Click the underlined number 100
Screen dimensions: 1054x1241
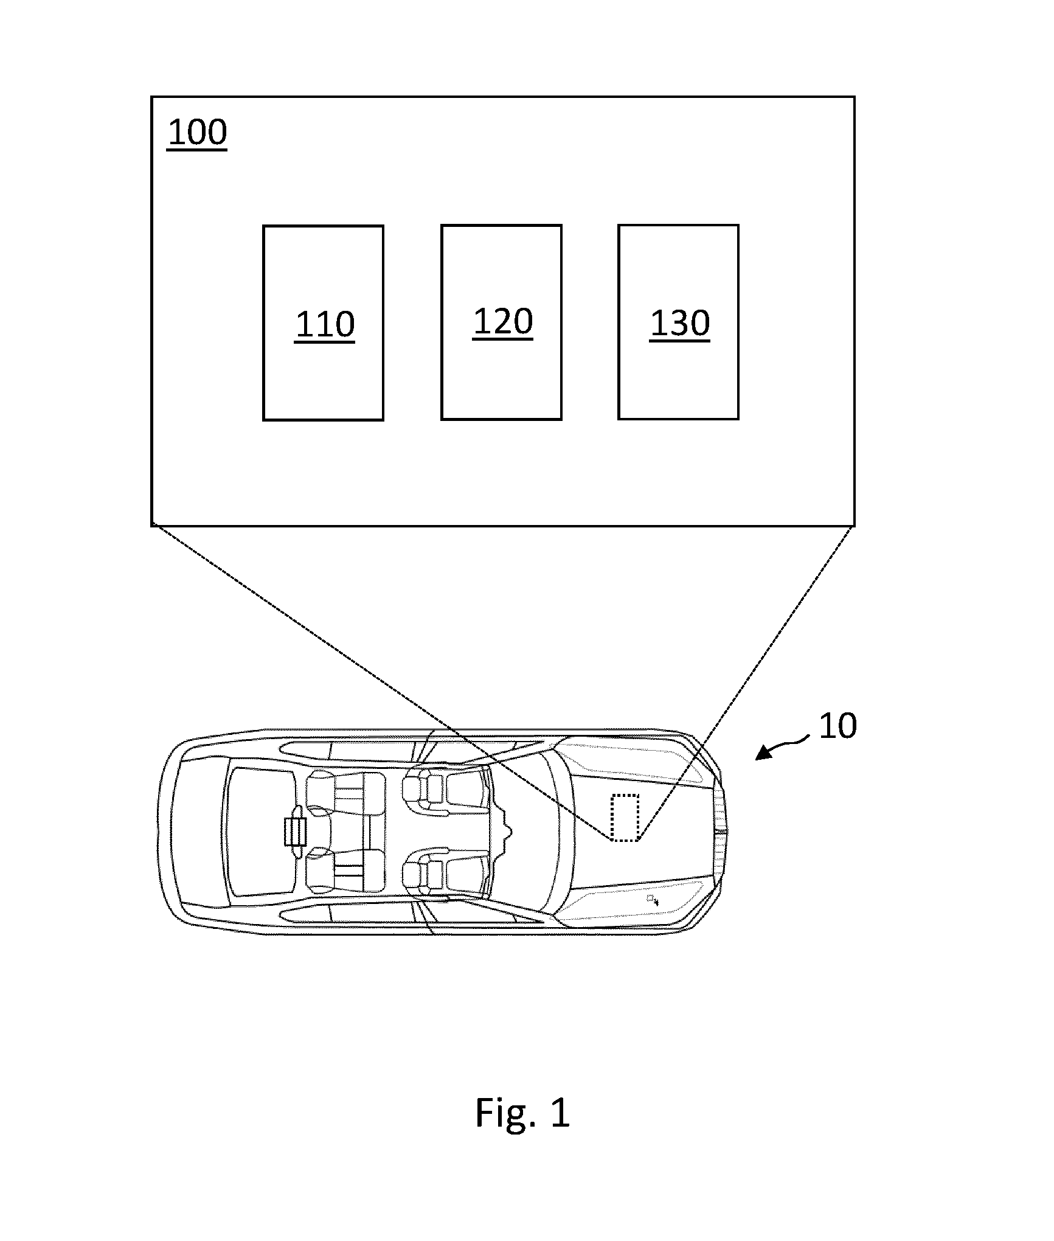point(197,133)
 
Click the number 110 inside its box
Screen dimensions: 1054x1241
point(325,325)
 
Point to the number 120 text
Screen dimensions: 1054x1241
point(503,322)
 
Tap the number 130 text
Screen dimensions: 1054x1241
point(680,324)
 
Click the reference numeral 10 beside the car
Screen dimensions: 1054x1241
point(837,726)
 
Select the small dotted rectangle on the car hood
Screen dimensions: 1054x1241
point(625,818)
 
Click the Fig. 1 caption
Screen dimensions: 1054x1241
point(522,1113)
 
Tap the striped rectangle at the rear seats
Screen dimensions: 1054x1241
point(295,832)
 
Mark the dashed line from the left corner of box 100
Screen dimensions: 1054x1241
point(381,682)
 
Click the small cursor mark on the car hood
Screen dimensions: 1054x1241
point(653,900)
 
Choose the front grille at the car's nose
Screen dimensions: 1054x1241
point(721,831)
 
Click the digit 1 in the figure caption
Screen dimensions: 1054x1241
point(560,1112)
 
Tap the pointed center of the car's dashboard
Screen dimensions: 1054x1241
point(508,831)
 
